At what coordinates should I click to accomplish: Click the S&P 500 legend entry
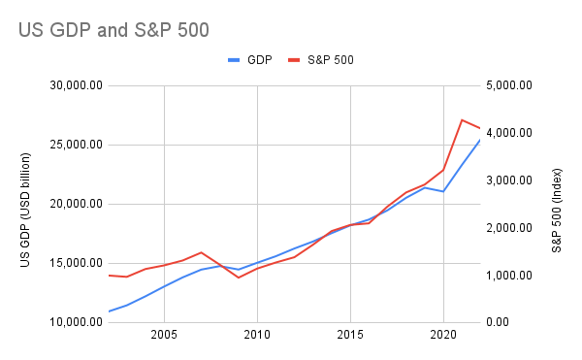coord(322,59)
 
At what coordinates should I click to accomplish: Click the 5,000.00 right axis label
coord(513,85)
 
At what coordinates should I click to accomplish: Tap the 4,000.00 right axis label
coord(513,133)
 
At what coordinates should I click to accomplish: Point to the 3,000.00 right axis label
coord(513,180)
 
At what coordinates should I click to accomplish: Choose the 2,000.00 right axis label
coord(513,228)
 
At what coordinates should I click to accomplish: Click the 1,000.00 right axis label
coord(513,276)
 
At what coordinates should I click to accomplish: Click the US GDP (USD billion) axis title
coord(26,204)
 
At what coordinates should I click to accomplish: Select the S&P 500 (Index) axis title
coord(557,204)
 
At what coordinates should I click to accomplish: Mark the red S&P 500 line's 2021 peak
coord(462,119)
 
